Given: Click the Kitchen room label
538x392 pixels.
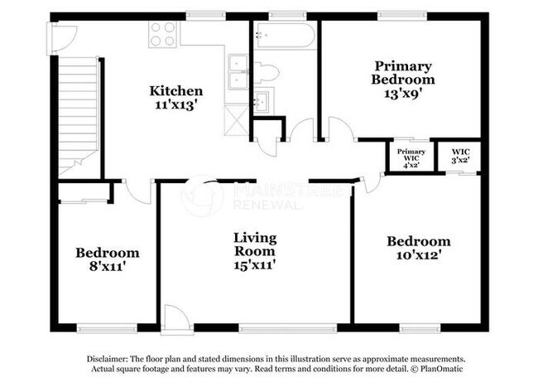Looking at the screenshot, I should pos(175,90).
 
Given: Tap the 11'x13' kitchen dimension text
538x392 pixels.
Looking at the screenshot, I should pos(175,104).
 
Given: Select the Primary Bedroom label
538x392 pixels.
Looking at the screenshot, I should pos(404,72).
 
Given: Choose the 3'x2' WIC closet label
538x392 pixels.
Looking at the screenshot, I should pos(459,160).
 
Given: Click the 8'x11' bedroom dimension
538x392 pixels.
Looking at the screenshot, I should pos(107,268).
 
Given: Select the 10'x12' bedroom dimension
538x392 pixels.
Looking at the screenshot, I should pos(419,255).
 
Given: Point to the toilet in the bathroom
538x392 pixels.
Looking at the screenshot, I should pos(266,72).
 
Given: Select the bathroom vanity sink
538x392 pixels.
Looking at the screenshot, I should pos(262,103).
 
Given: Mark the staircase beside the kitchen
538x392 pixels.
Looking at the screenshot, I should pos(79,116).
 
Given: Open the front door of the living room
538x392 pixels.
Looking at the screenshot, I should pos(175,318).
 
